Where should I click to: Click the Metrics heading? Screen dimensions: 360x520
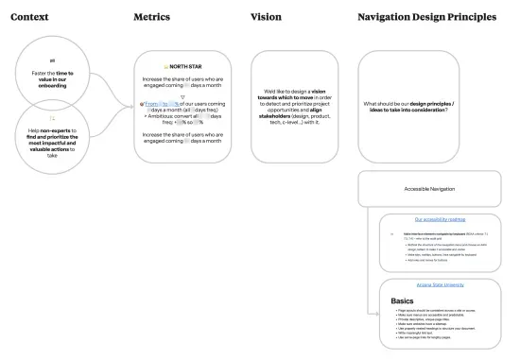point(152,18)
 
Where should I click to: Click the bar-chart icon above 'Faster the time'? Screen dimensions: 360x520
point(52,58)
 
